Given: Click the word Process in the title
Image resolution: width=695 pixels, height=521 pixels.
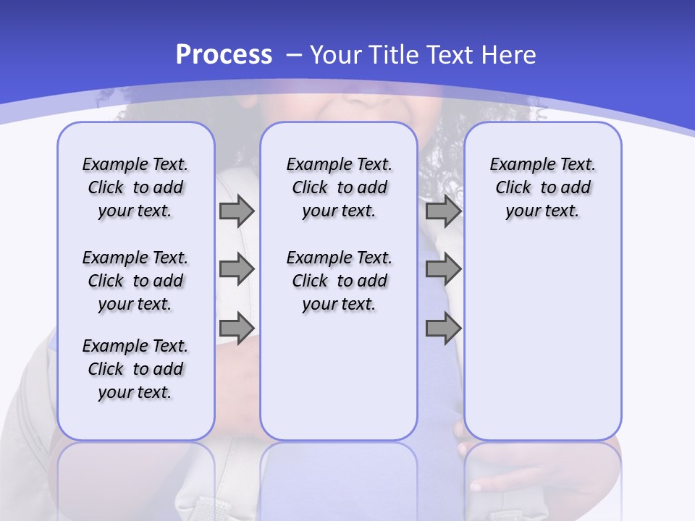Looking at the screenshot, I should pyautogui.click(x=224, y=54).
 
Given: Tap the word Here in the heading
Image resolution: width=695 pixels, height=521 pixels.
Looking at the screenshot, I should pyautogui.click(x=510, y=54).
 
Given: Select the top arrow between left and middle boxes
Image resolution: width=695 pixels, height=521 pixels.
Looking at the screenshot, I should pyautogui.click(x=236, y=211).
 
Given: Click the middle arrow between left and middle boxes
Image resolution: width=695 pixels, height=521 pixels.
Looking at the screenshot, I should pyautogui.click(x=236, y=269).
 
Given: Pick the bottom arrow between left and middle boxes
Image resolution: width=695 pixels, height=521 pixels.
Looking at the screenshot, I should pyautogui.click(x=236, y=328).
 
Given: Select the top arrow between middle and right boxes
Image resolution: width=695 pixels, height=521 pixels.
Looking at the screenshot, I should pyautogui.click(x=443, y=211).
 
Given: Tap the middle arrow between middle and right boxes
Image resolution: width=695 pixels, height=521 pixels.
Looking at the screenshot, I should pyautogui.click(x=443, y=269).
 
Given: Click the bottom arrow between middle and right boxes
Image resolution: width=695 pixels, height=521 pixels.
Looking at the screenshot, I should pyautogui.click(x=443, y=328).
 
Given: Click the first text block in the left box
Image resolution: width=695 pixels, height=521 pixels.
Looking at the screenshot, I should pyautogui.click(x=135, y=187).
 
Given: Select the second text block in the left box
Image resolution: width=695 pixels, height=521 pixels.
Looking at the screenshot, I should pyautogui.click(x=135, y=281).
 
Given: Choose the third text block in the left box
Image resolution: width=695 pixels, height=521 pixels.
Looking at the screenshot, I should pyautogui.click(x=135, y=369).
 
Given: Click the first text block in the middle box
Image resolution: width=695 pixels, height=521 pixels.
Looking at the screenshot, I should pyautogui.click(x=339, y=187).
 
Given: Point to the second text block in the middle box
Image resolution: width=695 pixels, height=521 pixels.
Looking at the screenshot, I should pyautogui.click(x=339, y=281).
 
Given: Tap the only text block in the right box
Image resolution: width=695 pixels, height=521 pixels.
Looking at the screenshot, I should pyautogui.click(x=542, y=187).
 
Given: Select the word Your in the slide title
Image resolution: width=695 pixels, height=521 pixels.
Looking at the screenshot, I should pyautogui.click(x=336, y=54).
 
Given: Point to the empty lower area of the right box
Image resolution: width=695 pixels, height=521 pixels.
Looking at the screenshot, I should pyautogui.click(x=542, y=347).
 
